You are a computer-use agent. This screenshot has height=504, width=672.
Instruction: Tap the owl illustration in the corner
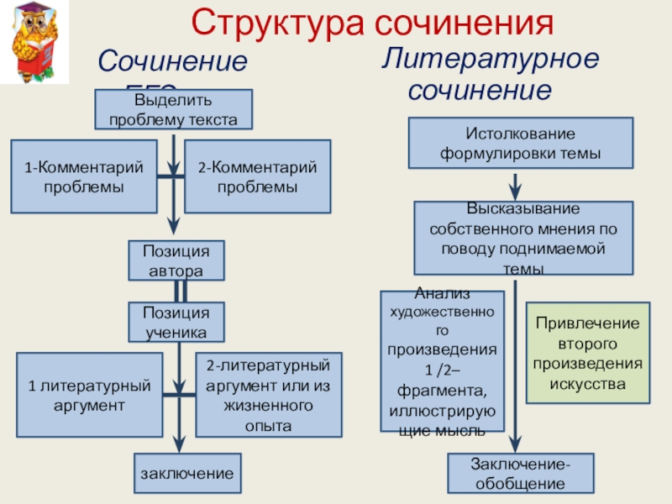[34, 45]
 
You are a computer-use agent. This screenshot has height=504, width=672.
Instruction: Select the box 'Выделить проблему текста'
[172, 110]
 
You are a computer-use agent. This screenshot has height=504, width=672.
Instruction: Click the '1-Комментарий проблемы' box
[84, 176]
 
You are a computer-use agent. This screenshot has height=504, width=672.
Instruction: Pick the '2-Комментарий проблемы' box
[257, 176]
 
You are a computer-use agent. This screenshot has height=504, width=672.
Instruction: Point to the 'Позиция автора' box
[176, 260]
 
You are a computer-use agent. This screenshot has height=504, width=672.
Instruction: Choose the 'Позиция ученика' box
[176, 322]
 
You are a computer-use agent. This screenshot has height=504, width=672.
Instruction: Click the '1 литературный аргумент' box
[89, 395]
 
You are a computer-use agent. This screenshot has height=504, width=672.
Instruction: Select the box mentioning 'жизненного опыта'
[269, 395]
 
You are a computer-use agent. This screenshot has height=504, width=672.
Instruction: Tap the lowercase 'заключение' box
[187, 474]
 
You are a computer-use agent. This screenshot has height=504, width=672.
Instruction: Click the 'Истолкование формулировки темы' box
[520, 144]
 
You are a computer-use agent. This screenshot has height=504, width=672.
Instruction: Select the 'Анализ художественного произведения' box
[443, 361]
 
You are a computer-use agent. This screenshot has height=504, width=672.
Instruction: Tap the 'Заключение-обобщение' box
[520, 474]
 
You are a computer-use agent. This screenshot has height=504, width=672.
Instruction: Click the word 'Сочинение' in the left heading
[172, 61]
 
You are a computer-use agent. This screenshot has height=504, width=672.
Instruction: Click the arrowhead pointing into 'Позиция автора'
[173, 227]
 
